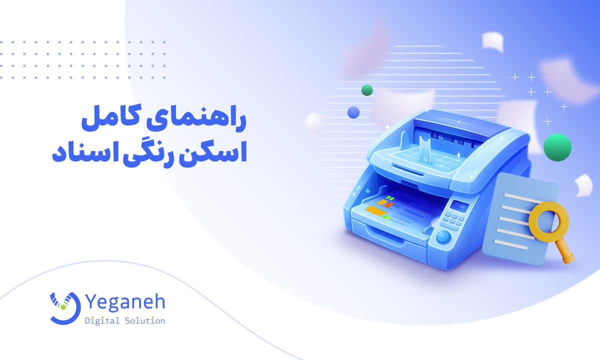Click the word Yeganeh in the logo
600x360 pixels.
tap(124, 302)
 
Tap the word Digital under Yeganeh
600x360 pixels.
tap(102, 320)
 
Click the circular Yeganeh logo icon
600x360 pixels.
tap(64, 306)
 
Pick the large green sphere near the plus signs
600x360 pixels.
tap(557, 147)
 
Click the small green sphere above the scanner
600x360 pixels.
tap(367, 90)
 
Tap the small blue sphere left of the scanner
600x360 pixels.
tap(354, 112)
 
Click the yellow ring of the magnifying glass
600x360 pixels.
tap(544, 219)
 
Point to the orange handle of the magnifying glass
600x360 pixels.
tap(567, 254)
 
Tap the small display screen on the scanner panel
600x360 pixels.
tap(459, 204)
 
